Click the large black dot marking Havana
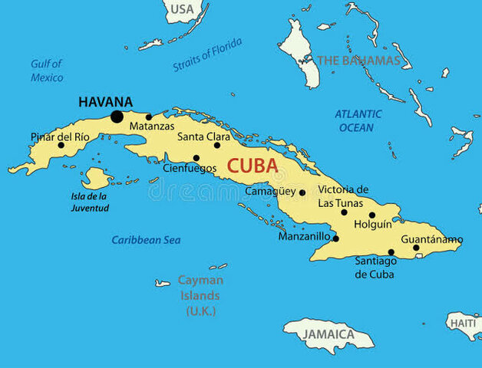[x=117, y=117]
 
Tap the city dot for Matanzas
[x=149, y=117]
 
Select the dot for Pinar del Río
[x=61, y=145]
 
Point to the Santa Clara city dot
[x=216, y=145]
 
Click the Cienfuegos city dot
[x=196, y=159]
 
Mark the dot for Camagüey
[x=302, y=193]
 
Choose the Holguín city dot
[x=372, y=215]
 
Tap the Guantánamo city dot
[x=416, y=248]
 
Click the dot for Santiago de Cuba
[x=391, y=252]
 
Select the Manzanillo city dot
[x=335, y=238]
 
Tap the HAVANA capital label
[x=105, y=101]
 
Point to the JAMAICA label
[x=327, y=334]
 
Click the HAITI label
[x=464, y=324]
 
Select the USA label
[x=181, y=9]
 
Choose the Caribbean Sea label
[x=146, y=240]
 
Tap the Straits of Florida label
[x=207, y=55]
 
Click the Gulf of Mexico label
[x=47, y=71]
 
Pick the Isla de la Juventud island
[x=97, y=179]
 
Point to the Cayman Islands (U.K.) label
[x=200, y=295]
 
